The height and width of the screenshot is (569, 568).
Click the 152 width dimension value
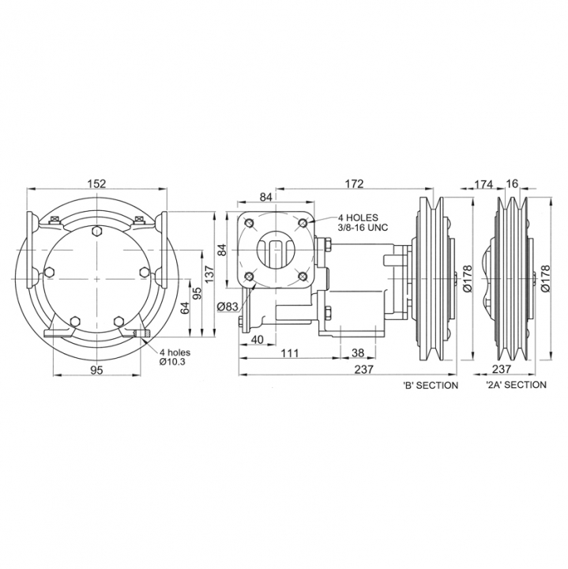pyautogui.click(x=97, y=183)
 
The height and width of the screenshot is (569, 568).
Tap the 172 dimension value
pyautogui.click(x=354, y=184)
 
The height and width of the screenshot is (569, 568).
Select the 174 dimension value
pyautogui.click(x=483, y=185)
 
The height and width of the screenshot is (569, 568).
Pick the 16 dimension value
pyautogui.click(x=512, y=184)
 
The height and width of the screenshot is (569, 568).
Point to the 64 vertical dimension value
pyautogui.click(x=185, y=308)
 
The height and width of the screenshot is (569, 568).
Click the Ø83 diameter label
pyautogui.click(x=228, y=307)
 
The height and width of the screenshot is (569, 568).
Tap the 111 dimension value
pyautogui.click(x=289, y=352)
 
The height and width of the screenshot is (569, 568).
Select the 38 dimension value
pyautogui.click(x=358, y=352)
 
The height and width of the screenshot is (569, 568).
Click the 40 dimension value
pyautogui.click(x=258, y=340)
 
